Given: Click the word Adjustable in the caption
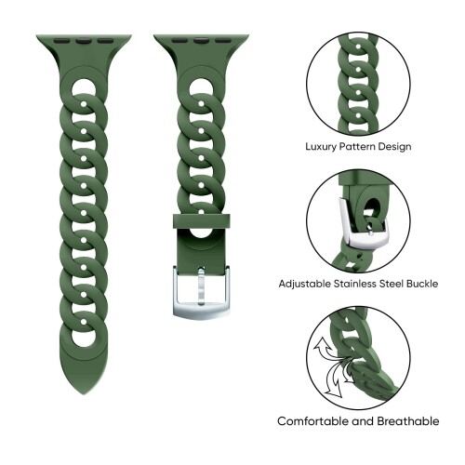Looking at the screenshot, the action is [x=304, y=284].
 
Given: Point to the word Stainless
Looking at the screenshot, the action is [x=354, y=284].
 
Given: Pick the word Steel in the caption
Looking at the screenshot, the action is [x=391, y=284].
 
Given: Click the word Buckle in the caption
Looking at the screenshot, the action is [x=422, y=284].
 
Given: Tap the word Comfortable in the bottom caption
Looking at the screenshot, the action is [x=313, y=421].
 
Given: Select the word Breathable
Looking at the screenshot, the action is [x=408, y=421].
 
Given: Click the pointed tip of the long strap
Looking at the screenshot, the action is [x=84, y=394].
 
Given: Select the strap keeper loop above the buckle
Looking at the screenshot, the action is [x=202, y=221].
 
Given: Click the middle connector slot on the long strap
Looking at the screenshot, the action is [x=83, y=40].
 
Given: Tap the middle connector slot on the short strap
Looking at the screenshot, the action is [x=201, y=40].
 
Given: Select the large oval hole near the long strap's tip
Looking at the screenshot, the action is [x=84, y=338].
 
